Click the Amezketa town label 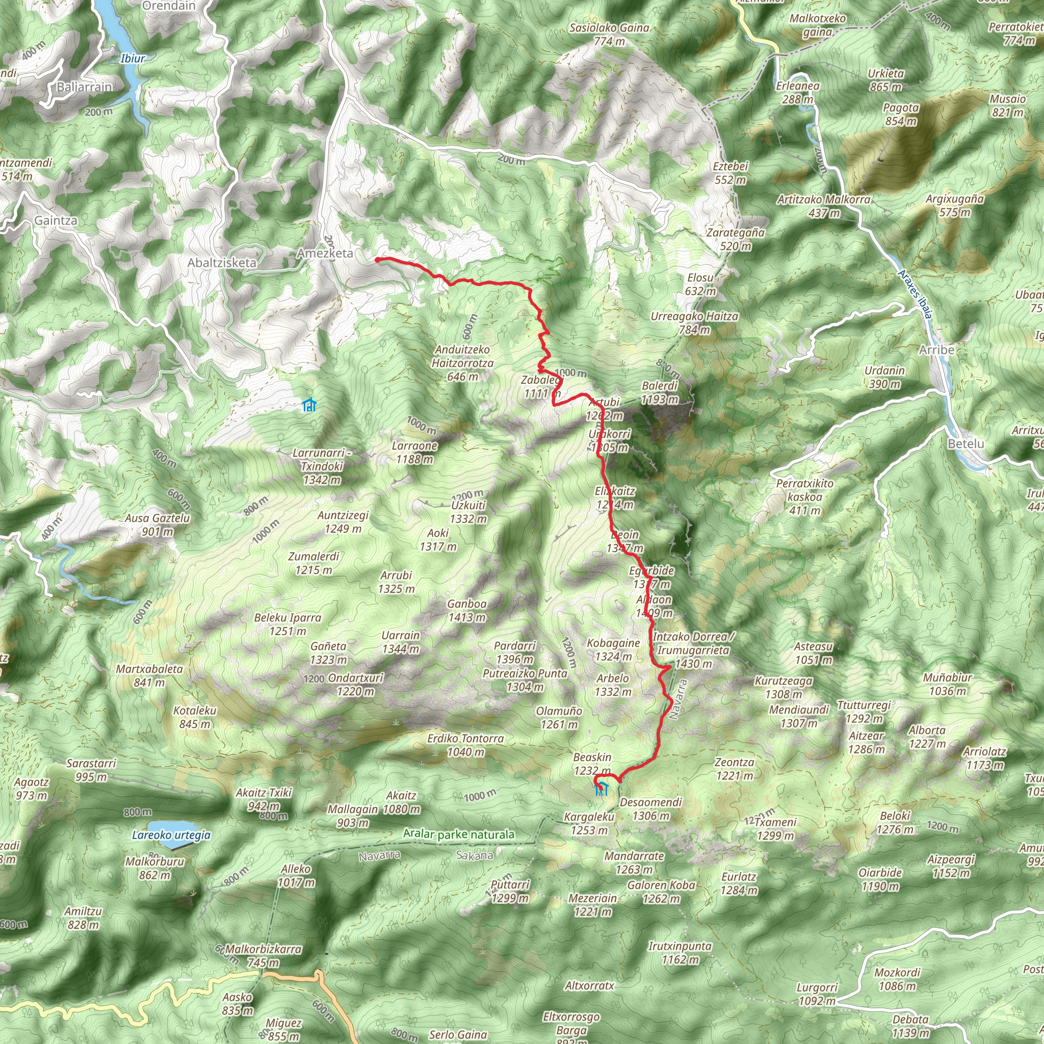(325, 253)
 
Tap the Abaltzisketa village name (222, 263)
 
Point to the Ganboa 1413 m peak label (467, 611)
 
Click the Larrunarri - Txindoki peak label (322, 466)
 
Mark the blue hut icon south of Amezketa (309, 404)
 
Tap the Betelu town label (965, 443)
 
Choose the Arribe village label (936, 350)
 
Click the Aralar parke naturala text (459, 834)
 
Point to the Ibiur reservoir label (133, 58)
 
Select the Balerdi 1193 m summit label (660, 393)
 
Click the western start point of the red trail (377, 260)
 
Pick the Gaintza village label (56, 220)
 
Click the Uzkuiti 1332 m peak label (468, 512)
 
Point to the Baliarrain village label (84, 87)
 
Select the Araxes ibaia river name (915, 294)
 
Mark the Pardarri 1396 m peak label (514, 652)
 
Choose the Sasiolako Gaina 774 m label (609, 34)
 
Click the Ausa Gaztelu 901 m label (157, 525)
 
